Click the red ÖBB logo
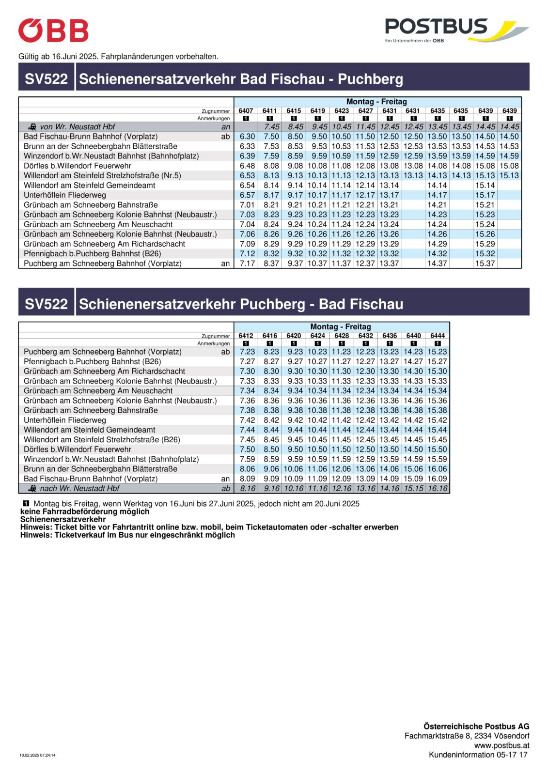(x=53, y=31)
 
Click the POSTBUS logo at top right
(x=455, y=30)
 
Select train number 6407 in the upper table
(x=246, y=111)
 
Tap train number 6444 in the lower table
(x=438, y=336)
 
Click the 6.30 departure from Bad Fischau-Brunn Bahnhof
(x=247, y=137)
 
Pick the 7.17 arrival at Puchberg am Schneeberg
(x=247, y=263)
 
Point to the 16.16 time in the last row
(x=438, y=488)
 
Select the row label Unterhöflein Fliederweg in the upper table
(x=65, y=195)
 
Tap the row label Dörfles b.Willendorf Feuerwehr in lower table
(x=78, y=449)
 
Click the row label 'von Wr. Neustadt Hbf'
(x=78, y=127)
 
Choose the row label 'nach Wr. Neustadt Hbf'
(x=79, y=488)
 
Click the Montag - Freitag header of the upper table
(x=376, y=102)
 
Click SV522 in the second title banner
(x=46, y=304)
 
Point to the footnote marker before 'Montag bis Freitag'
(x=26, y=503)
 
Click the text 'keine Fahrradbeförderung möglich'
(x=85, y=511)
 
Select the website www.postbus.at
(x=501, y=745)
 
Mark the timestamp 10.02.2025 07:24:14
(x=37, y=755)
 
